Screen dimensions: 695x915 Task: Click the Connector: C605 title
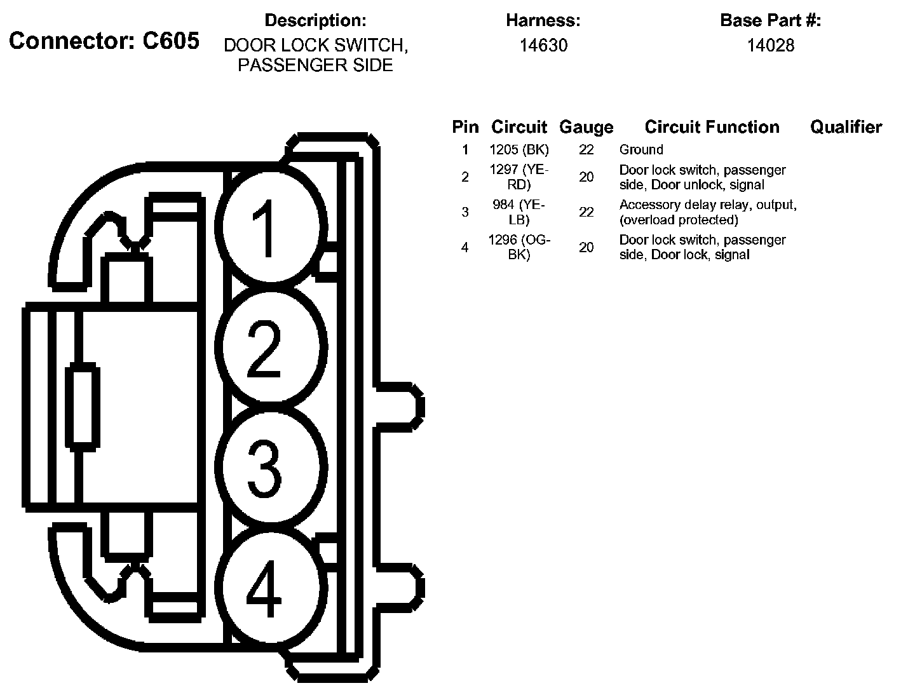click(104, 41)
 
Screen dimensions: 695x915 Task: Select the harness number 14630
click(543, 46)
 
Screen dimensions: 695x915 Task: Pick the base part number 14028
click(770, 46)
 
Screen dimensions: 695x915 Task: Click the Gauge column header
click(586, 127)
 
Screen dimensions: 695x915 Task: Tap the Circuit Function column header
click(712, 127)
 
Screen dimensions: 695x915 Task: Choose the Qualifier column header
click(846, 127)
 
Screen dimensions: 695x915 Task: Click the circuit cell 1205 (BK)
click(519, 150)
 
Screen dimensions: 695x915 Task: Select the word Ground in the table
click(641, 150)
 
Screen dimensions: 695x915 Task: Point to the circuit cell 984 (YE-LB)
click(519, 212)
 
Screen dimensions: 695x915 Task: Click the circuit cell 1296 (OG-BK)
click(519, 247)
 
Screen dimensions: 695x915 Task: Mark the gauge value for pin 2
click(586, 177)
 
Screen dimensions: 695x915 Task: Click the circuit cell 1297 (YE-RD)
click(519, 177)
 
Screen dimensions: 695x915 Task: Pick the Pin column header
click(465, 127)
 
